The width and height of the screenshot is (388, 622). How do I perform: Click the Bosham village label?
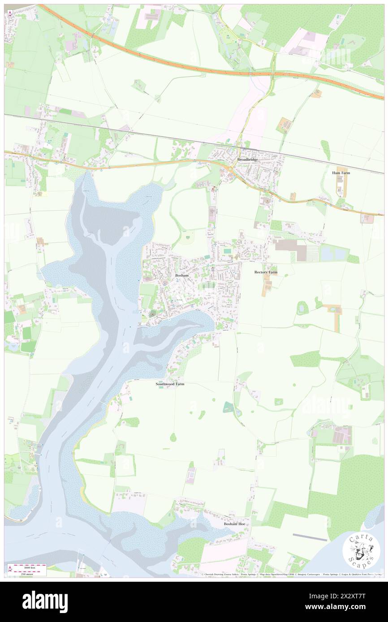point(181,276)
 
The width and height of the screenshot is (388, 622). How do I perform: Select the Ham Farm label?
point(341,172)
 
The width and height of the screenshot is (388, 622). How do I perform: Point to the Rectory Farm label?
point(266,272)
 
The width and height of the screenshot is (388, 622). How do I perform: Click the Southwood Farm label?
point(170,384)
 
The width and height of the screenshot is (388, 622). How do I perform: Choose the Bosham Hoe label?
point(235,524)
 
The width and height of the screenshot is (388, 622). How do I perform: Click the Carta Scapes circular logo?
point(361,551)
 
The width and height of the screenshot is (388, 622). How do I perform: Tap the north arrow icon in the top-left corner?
point(10,14)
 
